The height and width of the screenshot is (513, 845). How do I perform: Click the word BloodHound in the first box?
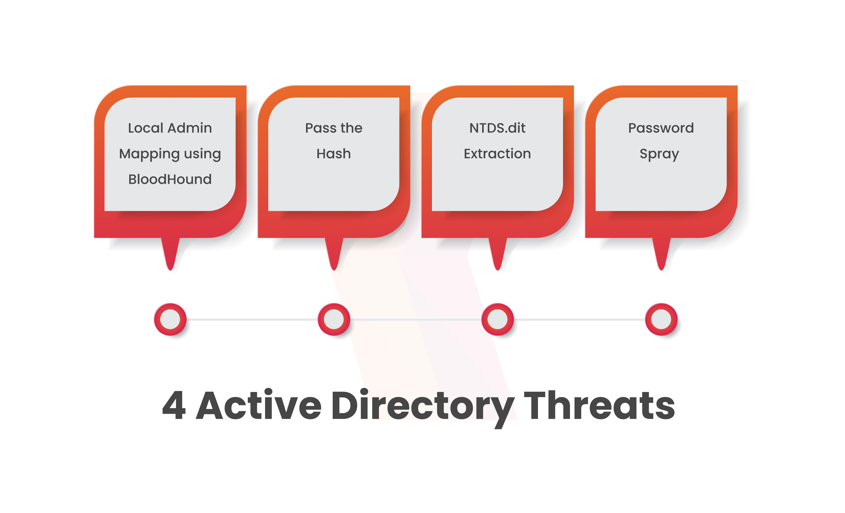pyautogui.click(x=170, y=179)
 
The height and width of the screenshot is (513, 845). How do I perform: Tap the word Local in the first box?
pyautogui.click(x=146, y=128)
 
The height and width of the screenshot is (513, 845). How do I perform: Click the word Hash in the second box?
pyautogui.click(x=334, y=154)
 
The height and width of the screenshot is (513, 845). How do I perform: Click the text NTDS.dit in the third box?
pyautogui.click(x=497, y=128)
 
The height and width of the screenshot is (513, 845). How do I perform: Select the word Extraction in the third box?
pyautogui.click(x=497, y=154)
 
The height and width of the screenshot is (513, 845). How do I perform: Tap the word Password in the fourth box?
pyautogui.click(x=661, y=128)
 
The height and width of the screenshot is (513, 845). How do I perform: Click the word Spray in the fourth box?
pyautogui.click(x=659, y=154)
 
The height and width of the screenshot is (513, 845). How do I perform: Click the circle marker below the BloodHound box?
pyautogui.click(x=170, y=319)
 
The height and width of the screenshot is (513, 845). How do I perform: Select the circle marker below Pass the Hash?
pyautogui.click(x=334, y=319)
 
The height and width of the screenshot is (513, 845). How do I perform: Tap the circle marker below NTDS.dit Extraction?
pyautogui.click(x=498, y=319)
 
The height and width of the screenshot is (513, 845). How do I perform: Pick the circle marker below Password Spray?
pyautogui.click(x=661, y=319)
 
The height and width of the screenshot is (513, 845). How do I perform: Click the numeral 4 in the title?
pyautogui.click(x=174, y=405)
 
